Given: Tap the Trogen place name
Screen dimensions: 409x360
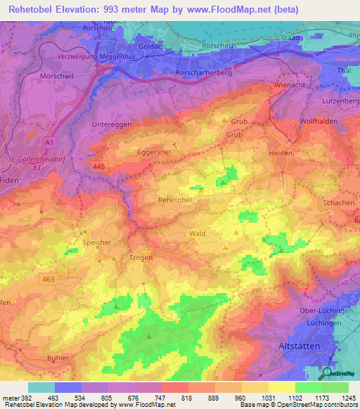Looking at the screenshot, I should pyautogui.click(x=141, y=258).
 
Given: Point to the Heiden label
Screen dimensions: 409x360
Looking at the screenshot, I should pyautogui.click(x=279, y=152).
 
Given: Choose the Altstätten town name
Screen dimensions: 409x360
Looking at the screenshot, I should pyautogui.click(x=295, y=346).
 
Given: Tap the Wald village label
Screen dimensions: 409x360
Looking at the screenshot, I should pyautogui.click(x=197, y=233).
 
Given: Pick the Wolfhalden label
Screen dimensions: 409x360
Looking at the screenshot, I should pyautogui.click(x=316, y=121).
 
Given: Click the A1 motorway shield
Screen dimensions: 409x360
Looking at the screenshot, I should pyautogui.click(x=49, y=143).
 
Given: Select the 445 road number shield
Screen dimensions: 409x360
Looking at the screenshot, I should pyautogui.click(x=99, y=164).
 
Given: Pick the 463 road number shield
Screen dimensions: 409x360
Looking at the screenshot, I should pyautogui.click(x=48, y=279).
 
